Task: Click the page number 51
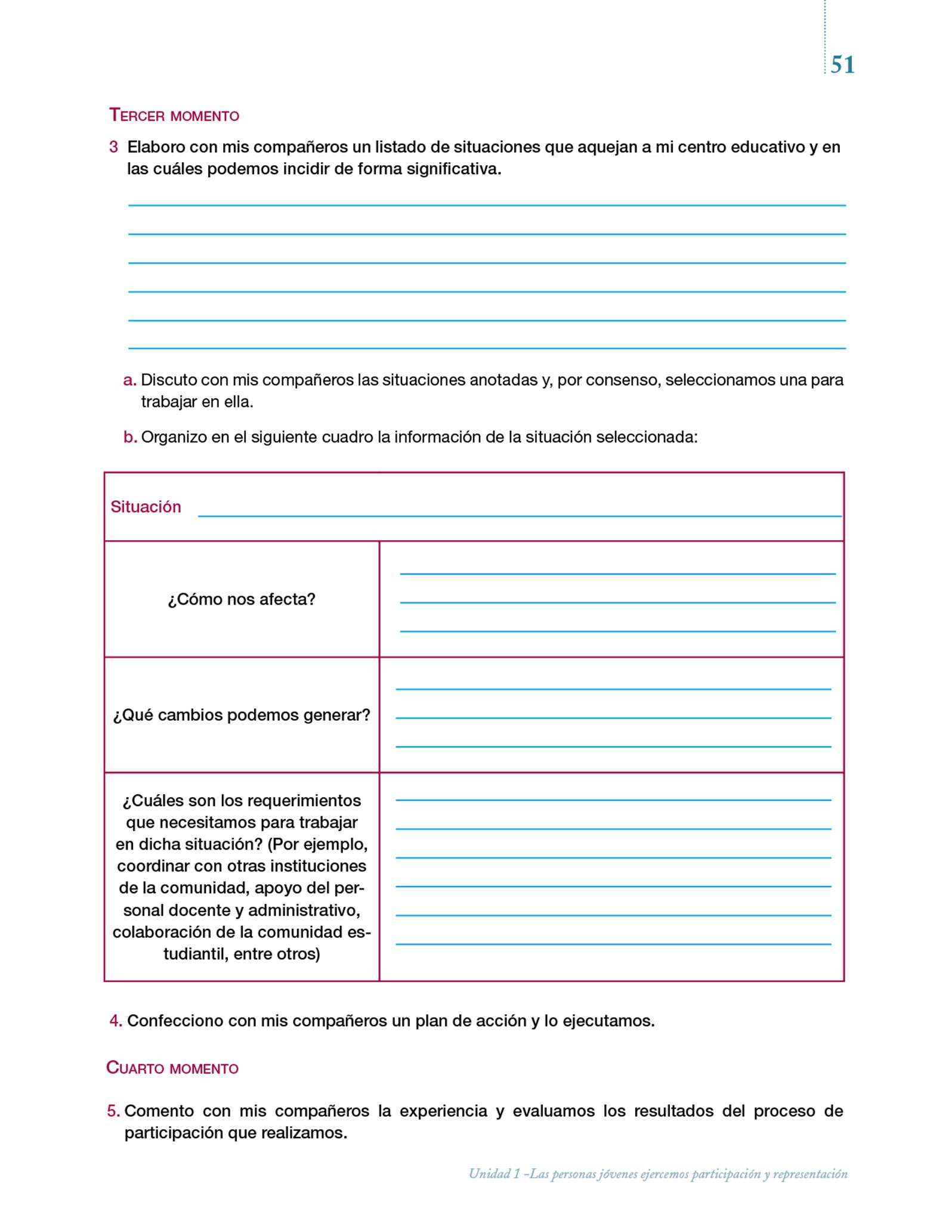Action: point(842,65)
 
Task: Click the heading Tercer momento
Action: point(174,115)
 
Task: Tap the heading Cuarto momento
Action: point(172,1068)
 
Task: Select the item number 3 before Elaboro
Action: point(113,147)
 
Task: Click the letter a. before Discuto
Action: point(129,380)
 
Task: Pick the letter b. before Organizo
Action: point(130,437)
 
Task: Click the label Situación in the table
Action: point(146,507)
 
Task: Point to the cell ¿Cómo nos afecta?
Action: point(242,599)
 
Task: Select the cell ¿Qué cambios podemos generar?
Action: point(242,715)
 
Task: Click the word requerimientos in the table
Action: point(304,800)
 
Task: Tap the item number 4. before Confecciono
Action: point(116,1021)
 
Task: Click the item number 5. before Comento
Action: point(113,1111)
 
